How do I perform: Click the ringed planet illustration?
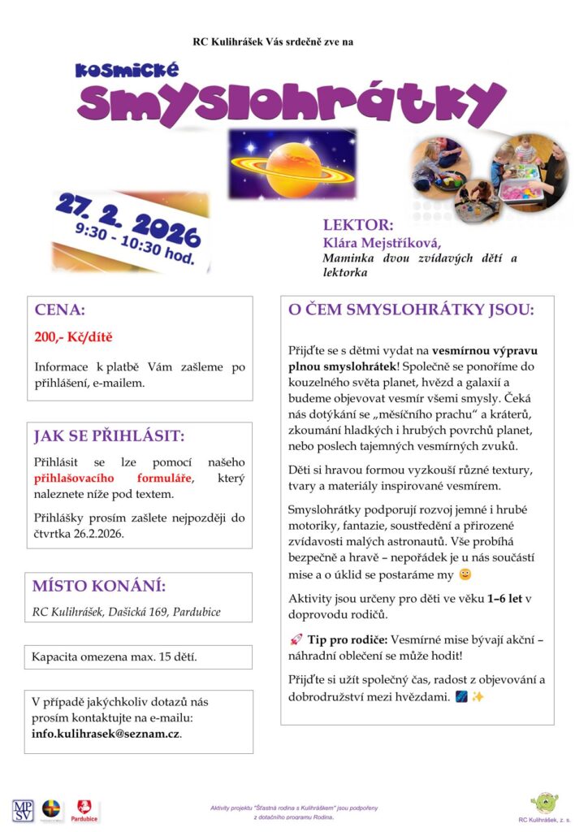coord(293,163)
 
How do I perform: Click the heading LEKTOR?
coord(358,225)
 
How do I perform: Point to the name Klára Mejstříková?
coord(374,242)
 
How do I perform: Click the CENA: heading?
coord(59,310)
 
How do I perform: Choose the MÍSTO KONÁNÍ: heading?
coord(99,586)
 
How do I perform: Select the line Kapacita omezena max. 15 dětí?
coord(115,656)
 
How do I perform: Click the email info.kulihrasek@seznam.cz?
coord(106,732)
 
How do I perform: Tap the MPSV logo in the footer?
coord(22,809)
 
